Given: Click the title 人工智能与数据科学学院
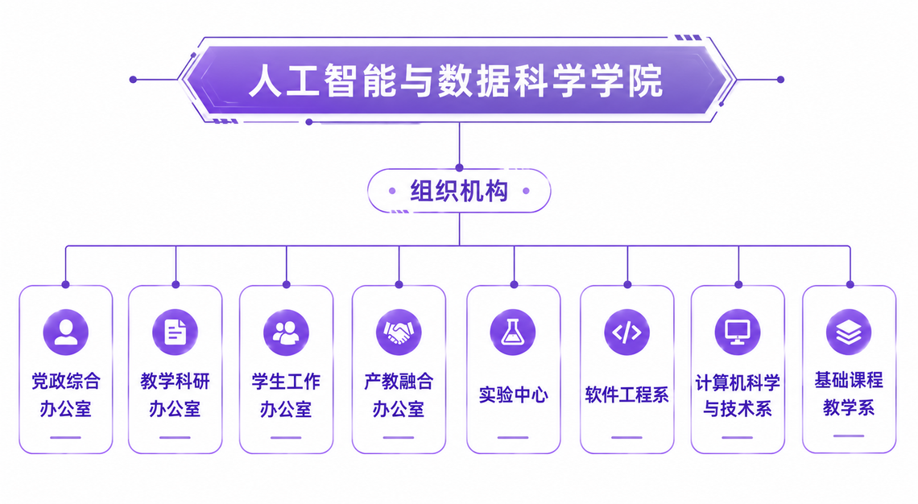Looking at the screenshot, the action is [x=456, y=81].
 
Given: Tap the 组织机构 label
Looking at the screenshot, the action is [x=459, y=192].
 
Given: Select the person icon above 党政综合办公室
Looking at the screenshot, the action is [x=65, y=333].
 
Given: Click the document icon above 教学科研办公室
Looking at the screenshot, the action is [x=175, y=333].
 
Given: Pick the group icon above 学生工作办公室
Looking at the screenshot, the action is [x=287, y=333].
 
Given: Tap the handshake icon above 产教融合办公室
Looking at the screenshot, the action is [x=399, y=333].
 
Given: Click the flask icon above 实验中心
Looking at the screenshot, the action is [x=513, y=333].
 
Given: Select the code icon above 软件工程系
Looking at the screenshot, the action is [x=627, y=333].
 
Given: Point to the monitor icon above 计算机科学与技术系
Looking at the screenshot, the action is [x=738, y=333].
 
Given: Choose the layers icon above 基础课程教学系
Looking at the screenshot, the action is [x=849, y=333].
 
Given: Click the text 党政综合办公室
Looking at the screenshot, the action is [x=65, y=395].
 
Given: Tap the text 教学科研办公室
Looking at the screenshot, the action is [x=175, y=395].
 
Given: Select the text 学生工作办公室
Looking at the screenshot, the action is [x=287, y=395].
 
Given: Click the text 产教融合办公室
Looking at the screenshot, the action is [x=399, y=395].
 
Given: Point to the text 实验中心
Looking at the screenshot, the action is [x=514, y=395].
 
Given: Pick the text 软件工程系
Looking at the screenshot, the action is [x=627, y=395].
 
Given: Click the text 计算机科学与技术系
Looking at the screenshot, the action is [x=738, y=395].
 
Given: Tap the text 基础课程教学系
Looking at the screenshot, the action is [x=849, y=394].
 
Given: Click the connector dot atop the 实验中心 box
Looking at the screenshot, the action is [x=514, y=285].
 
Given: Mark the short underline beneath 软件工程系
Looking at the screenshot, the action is [x=627, y=437].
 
